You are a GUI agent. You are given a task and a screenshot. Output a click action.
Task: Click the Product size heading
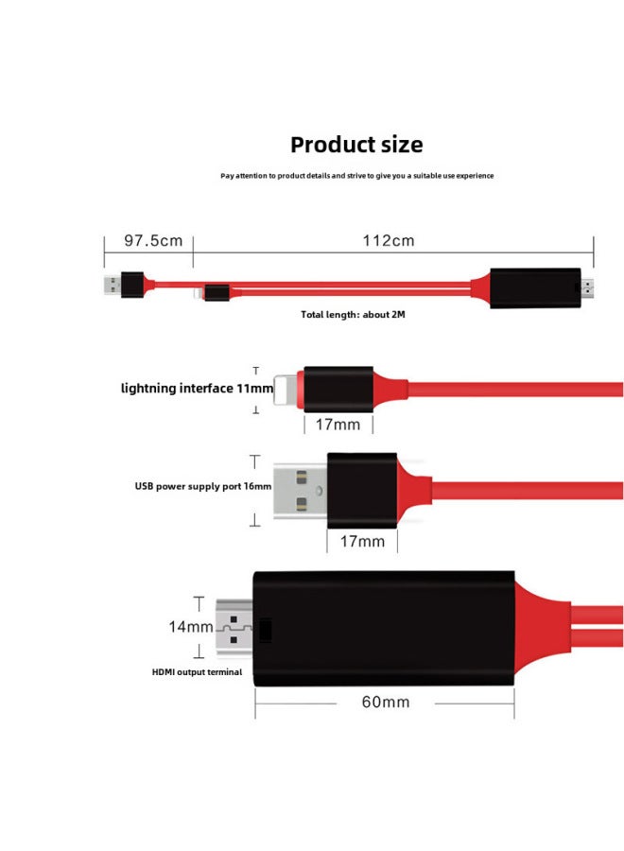pos(356,145)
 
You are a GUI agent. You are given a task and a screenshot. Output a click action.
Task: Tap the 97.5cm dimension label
pos(153,240)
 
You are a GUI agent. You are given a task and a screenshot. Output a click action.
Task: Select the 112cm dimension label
pos(389,240)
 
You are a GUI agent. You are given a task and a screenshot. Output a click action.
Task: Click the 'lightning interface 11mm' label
pos(197,389)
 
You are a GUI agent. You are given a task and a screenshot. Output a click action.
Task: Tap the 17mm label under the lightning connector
pos(338,425)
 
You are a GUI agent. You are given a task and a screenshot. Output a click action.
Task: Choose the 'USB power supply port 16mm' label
pos(202,487)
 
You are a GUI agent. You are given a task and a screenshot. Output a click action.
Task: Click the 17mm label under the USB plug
pos(362,541)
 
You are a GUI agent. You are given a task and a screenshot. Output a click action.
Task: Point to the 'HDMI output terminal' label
pos(198,672)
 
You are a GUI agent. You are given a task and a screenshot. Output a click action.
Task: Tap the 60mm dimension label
pos(386,702)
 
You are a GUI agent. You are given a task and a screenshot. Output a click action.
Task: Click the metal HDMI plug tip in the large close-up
pos(235,629)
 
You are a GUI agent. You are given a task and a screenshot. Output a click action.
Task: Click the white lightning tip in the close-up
pos(286,388)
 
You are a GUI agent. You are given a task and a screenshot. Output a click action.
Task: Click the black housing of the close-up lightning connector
pos(338,388)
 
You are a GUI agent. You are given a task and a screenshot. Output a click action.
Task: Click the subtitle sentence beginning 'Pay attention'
pos(356,176)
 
